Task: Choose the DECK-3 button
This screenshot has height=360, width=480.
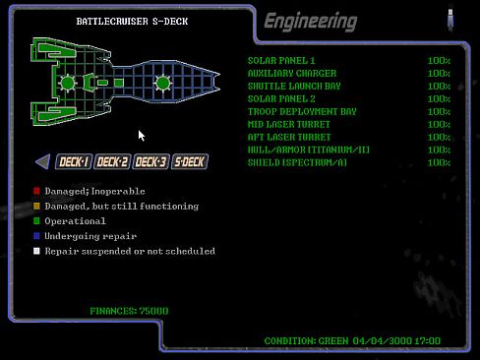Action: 150,162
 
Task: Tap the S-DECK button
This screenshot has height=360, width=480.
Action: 189,162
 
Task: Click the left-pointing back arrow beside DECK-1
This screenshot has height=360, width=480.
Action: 42,162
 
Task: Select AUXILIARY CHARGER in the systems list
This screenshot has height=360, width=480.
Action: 291,74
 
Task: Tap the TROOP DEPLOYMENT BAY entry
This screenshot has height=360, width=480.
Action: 301,112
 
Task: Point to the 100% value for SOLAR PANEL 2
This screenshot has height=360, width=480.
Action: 439,99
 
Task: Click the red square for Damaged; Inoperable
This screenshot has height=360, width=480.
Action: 36,191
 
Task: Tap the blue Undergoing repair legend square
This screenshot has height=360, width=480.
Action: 36,236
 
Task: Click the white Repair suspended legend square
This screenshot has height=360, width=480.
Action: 36,251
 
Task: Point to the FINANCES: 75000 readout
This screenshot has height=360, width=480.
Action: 128,311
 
